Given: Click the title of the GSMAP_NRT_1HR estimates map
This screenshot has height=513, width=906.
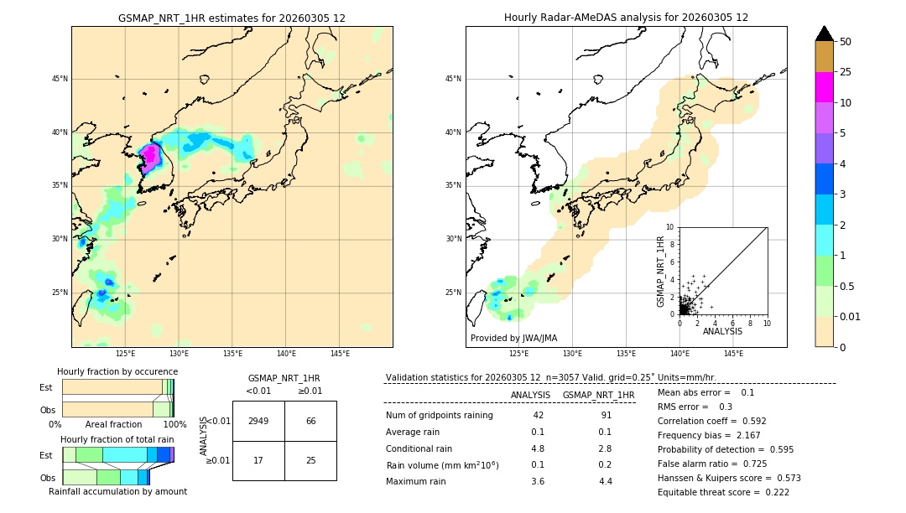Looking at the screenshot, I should click(x=232, y=18).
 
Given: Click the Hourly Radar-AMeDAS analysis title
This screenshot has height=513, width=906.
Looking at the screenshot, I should click(x=626, y=18).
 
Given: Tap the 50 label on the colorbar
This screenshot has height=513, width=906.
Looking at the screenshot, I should click(x=846, y=42).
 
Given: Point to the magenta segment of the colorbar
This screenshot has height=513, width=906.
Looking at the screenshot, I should click(x=824, y=87).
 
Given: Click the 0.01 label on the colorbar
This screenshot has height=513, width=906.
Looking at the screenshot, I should click(x=851, y=316).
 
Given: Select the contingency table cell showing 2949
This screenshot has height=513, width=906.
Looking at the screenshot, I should click(x=258, y=421).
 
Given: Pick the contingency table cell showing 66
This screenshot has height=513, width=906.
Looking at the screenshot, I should click(x=310, y=421).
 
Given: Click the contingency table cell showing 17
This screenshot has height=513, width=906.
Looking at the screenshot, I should click(x=258, y=460).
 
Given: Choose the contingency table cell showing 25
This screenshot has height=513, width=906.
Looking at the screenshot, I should click(x=310, y=460).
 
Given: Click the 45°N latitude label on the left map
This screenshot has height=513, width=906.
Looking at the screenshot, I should click(x=60, y=79).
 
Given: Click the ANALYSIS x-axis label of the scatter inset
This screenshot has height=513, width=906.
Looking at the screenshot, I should click(x=722, y=332).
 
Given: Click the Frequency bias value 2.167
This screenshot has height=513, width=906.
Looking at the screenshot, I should click(x=761, y=436).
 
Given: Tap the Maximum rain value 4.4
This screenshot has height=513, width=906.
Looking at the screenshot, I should click(x=606, y=481).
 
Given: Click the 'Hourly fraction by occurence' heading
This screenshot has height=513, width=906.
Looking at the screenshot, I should click(x=117, y=371).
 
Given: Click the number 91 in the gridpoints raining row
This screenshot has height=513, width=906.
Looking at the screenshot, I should click(x=606, y=416).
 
